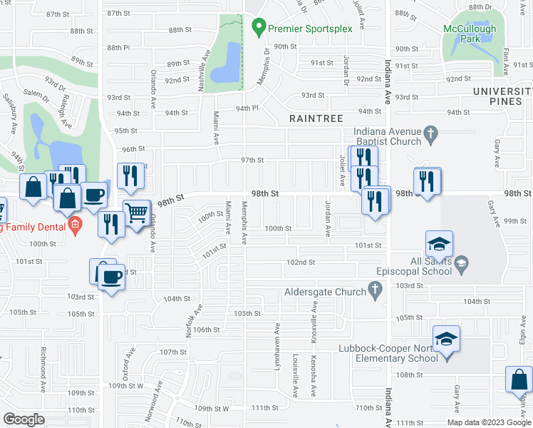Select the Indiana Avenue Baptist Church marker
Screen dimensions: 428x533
tap(430, 133)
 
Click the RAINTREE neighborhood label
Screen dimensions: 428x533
tap(316, 118)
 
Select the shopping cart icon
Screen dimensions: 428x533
tap(136, 211)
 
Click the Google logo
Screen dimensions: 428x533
tap(24, 419)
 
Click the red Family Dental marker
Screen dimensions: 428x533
tap(74, 227)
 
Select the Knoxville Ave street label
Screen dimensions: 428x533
tap(314, 315)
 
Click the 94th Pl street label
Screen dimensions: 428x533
tap(247, 108)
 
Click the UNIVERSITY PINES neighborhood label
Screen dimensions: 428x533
tap(502, 98)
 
